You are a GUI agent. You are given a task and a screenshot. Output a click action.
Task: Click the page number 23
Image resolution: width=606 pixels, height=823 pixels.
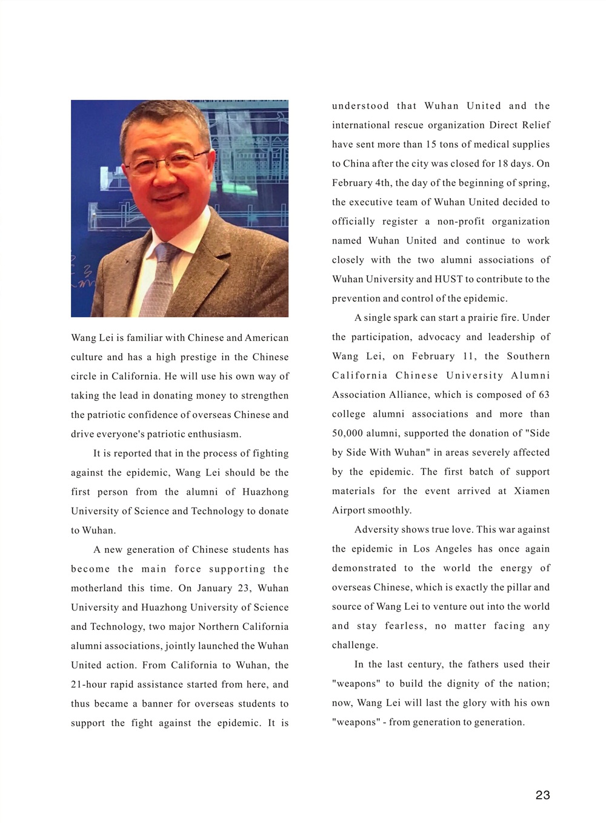(542, 795)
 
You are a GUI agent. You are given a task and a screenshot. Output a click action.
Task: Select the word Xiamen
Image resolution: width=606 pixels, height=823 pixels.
(531, 491)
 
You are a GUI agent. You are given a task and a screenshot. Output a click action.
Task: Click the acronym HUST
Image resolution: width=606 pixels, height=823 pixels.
(448, 279)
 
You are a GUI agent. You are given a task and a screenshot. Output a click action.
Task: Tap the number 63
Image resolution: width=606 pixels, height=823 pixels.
(544, 395)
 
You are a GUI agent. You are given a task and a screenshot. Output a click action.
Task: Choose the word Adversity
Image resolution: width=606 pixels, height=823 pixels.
(376, 530)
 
